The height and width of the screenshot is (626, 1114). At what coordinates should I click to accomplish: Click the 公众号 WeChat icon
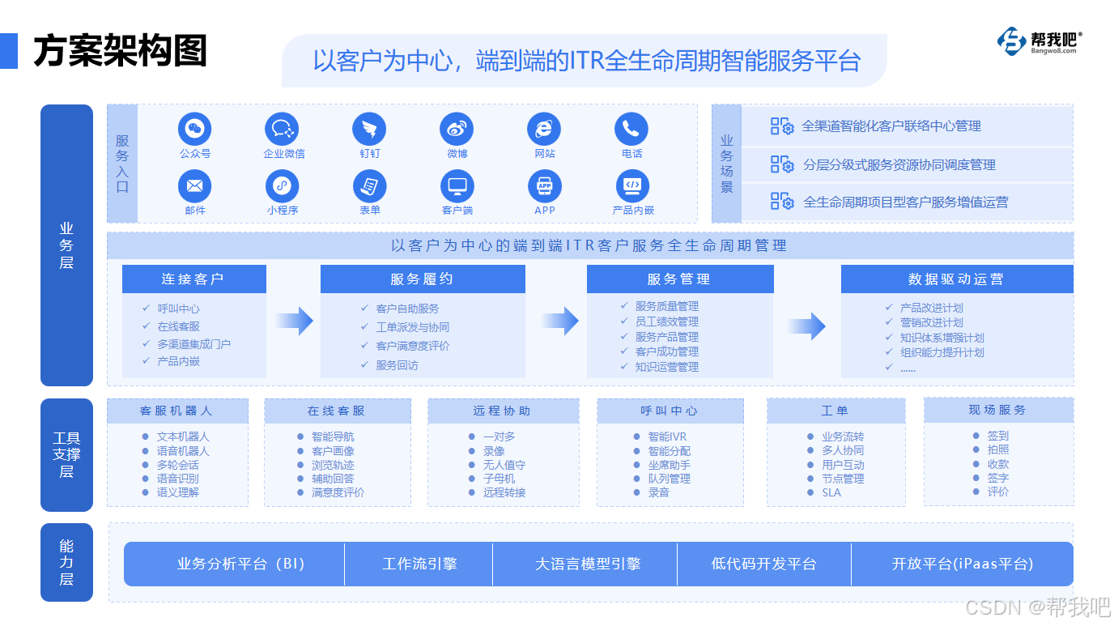pos(194,129)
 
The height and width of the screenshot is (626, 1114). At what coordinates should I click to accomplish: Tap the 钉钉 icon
pos(369,129)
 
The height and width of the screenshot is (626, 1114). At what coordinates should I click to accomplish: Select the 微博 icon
pos(457,129)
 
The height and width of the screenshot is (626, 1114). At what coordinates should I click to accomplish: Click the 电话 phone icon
pos(631,129)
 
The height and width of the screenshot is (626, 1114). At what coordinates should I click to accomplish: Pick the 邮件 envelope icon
pos(194,186)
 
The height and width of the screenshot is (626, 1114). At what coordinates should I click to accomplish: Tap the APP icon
pos(544,186)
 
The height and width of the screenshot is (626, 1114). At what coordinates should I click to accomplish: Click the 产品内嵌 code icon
pos(632,186)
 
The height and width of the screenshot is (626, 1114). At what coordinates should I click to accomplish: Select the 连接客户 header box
pos(193,279)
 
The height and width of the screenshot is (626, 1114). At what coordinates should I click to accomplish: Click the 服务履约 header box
pos(422,279)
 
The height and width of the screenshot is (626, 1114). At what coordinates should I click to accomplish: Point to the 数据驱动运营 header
pos(956,279)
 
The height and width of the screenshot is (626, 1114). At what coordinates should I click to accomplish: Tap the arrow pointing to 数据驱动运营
pos(806,326)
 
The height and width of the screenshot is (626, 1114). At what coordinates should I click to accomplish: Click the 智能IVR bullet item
pos(666,436)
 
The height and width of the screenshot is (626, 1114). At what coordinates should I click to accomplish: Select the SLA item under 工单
pos(831,492)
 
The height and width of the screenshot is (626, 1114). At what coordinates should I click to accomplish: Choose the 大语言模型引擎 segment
pos(587,564)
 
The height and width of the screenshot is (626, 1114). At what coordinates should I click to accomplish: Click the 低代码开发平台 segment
pos(763,564)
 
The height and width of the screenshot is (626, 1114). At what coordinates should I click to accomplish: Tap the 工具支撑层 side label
pos(66,455)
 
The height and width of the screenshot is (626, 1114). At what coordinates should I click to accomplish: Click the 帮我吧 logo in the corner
pos(1040,42)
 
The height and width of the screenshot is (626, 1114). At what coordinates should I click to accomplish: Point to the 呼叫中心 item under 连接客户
pos(178,309)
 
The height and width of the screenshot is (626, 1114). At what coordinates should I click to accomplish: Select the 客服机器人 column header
pos(176,411)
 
